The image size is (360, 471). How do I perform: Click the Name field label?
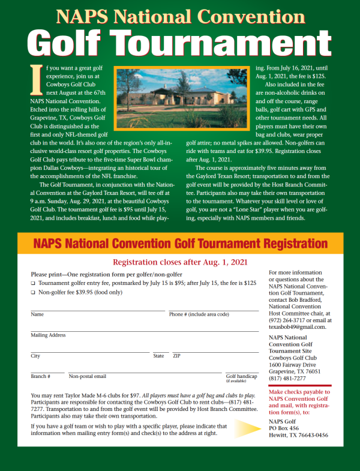pyautogui.click(x=37, y=314)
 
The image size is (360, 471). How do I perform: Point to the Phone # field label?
pyautogui.click(x=199, y=314)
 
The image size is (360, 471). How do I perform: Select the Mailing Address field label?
pyautogui.click(x=48, y=335)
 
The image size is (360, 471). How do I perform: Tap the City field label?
pyautogui.click(x=35, y=356)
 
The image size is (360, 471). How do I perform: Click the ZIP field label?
pyautogui.click(x=176, y=356)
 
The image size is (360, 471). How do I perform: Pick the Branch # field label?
pyautogui.click(x=40, y=376)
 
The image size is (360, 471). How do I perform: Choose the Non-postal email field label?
pyautogui.click(x=88, y=376)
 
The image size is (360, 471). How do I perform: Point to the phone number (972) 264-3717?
pyautogui.click(x=289, y=320)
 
